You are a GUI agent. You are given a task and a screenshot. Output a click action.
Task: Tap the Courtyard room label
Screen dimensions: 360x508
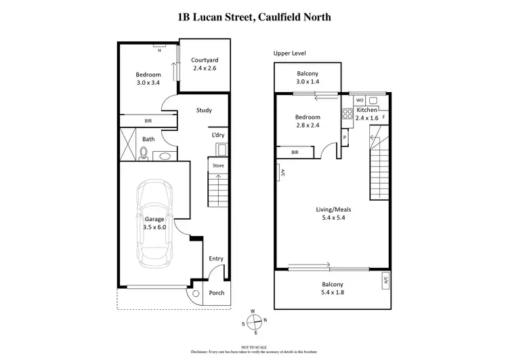coord(203,64)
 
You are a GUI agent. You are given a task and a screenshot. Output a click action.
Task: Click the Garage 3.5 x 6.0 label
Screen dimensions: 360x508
coord(155,223)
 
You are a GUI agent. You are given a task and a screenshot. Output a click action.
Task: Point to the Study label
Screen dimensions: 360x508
coord(204,111)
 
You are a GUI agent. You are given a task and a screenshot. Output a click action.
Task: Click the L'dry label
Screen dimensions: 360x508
coord(217,135)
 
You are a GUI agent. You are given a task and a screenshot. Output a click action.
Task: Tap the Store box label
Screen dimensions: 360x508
coord(217,165)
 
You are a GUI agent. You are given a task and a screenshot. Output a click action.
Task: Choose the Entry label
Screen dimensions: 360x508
coord(216,258)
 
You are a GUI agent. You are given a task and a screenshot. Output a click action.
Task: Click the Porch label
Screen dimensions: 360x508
coord(216,293)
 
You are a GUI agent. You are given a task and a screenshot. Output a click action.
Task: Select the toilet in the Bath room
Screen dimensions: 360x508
coord(144,153)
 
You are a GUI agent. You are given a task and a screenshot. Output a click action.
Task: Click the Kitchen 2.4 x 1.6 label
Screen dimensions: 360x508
coord(367,113)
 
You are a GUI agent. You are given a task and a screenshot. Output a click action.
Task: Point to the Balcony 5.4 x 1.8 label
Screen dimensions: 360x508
coord(332,288)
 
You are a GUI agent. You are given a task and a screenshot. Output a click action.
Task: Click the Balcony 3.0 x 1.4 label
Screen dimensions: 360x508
coord(312,77)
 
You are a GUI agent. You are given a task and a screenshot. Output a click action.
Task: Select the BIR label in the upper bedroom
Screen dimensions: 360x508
coord(295,153)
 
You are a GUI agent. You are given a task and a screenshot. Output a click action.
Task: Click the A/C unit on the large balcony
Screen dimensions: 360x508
coord(385,279)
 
